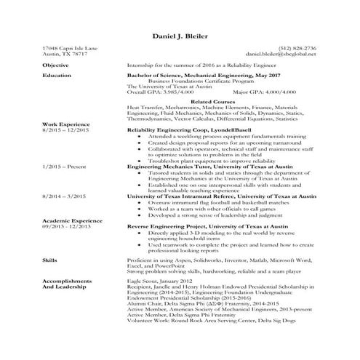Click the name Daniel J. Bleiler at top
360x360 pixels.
[x=180, y=36]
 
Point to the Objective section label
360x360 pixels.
[x=55, y=65]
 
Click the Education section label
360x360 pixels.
[x=57, y=75]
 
